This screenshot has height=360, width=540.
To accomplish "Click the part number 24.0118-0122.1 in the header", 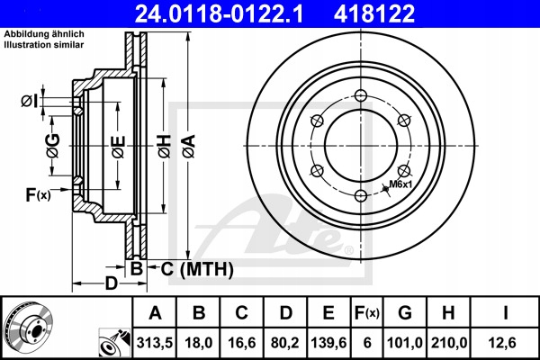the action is tap(219, 13).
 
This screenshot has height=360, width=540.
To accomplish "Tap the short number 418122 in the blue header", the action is tap(374, 13).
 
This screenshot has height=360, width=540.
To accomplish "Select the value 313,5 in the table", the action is tap(155, 343).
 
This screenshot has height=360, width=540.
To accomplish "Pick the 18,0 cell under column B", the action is tap(199, 343).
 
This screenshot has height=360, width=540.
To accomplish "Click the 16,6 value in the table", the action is tap(242, 343).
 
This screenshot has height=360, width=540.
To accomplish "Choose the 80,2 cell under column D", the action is tap(285, 343).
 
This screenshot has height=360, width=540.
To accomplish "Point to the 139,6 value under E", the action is tap(328, 343).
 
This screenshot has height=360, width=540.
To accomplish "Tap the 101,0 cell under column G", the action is tap(405, 343).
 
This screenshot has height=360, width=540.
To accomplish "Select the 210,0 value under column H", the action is tap(449, 343).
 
